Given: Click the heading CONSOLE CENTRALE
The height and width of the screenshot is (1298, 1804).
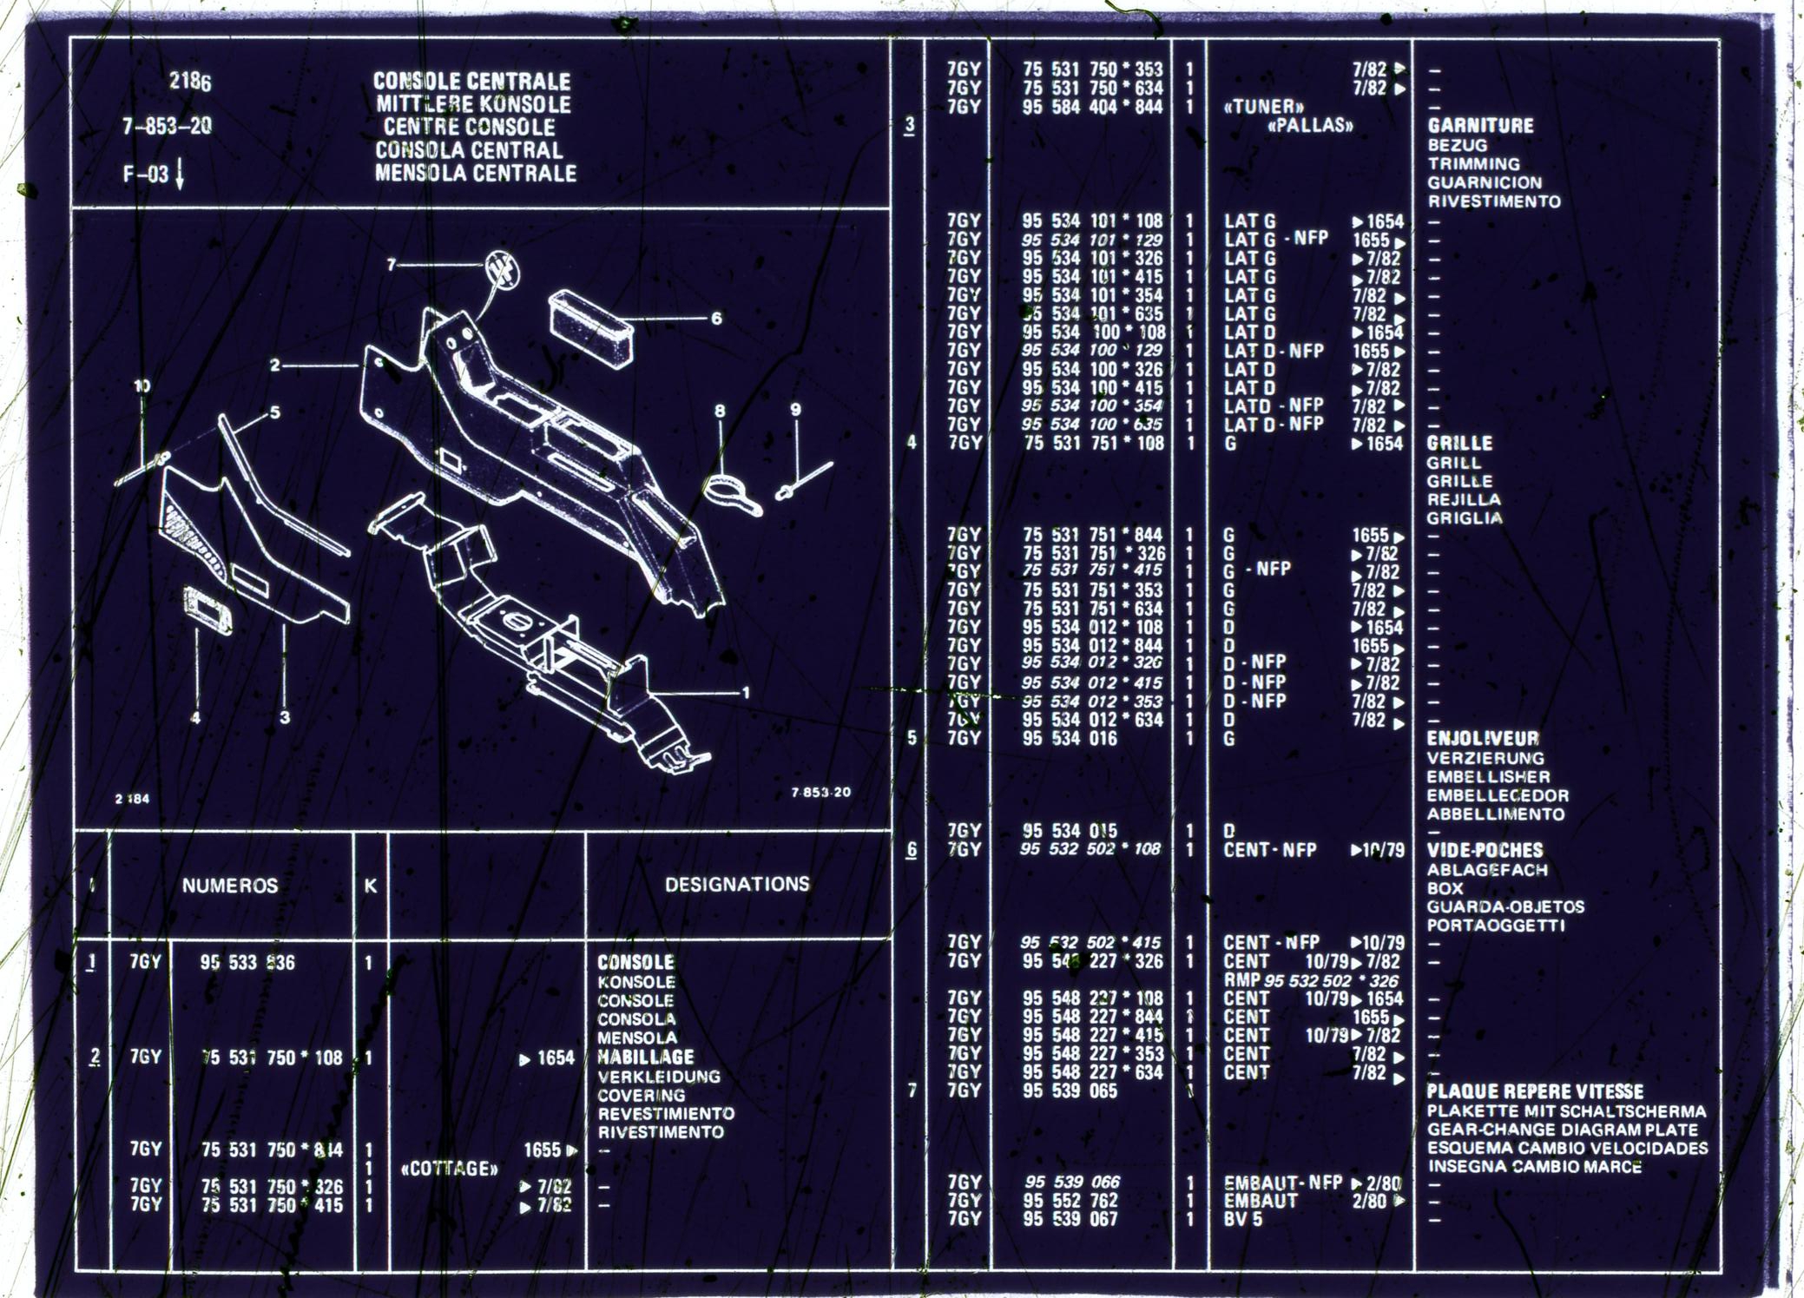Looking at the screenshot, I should coord(471,81).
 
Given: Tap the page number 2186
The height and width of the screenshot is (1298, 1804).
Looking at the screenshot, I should coord(190,82).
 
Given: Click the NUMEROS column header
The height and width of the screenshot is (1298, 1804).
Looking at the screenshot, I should coord(229,886).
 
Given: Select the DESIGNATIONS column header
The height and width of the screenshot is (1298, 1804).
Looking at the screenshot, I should coord(737,884).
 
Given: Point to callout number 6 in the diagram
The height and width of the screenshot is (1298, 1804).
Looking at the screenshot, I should coord(716,319).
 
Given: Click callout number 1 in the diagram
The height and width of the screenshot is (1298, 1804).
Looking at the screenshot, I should coord(745,693).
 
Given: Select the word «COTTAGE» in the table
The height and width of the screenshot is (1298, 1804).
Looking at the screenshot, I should coord(450,1169).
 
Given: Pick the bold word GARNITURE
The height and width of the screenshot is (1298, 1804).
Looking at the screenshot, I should coord(1480,126).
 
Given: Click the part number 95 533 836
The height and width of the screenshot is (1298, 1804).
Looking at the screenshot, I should coord(247,963).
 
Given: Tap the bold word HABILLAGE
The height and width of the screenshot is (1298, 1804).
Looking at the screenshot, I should coord(646,1058).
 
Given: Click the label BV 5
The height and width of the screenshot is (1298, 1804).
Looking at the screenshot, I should coord(1243,1219).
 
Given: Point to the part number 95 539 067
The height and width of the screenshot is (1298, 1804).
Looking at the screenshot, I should coord(1070,1219).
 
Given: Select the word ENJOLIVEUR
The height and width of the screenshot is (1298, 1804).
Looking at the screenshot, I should coord(1483,739).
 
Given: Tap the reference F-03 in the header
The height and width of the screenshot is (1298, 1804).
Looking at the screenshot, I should coord(146,174).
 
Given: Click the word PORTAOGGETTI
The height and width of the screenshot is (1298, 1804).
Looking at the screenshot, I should coord(1495,926).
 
